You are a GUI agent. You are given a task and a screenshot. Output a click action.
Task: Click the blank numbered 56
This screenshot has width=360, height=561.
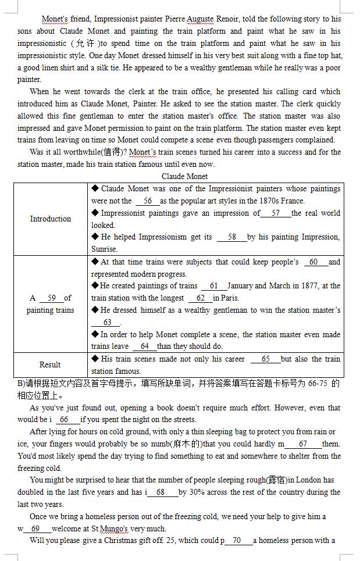coord(148,201)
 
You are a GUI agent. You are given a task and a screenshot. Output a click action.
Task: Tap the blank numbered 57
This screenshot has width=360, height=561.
coord(276,213)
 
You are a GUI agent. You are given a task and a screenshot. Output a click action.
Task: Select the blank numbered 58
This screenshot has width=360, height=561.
coord(232,237)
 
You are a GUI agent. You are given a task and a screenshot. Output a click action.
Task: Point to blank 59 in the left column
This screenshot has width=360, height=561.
coord(52,298)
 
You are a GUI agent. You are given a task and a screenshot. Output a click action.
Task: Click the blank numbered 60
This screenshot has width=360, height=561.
coord(314,262)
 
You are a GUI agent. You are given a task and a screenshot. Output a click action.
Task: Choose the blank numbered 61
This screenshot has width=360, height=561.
coord(213,286)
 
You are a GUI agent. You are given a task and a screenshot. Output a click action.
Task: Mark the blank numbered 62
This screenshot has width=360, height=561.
coord(201,298)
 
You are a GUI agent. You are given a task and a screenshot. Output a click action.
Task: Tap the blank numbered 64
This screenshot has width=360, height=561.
coord(145,346)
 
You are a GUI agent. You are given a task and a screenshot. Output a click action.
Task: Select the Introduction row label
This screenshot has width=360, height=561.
coord(51,219)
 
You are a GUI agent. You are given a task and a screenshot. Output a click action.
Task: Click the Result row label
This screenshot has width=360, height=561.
coord(50,365)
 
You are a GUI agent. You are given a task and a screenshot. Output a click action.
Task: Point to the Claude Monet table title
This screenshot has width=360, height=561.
coord(184,176)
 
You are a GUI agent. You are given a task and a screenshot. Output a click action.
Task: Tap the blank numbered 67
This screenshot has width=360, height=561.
coord(303,444)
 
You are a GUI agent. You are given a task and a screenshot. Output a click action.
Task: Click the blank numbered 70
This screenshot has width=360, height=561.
coord(237,541)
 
